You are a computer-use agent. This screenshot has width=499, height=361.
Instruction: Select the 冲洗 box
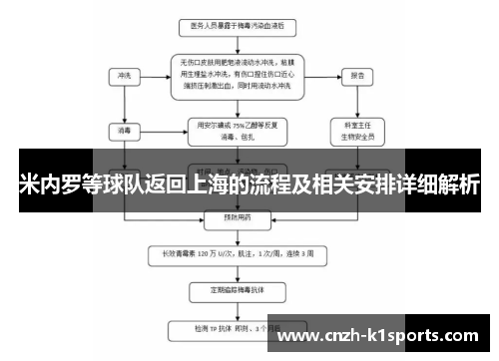click(x=123, y=75)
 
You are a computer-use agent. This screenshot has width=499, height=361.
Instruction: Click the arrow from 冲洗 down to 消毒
click(x=123, y=104)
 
